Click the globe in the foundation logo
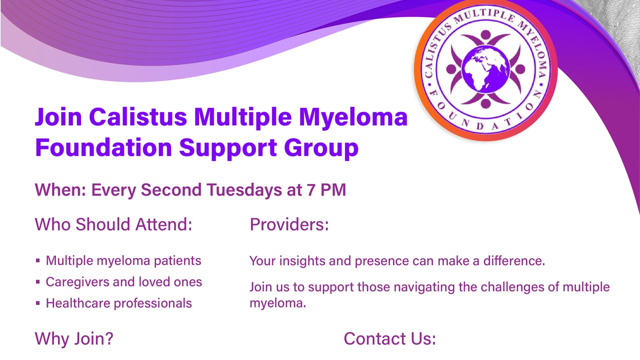click(485, 69)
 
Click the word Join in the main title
click(58, 117)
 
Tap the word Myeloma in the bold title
click(353, 117)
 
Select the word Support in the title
click(227, 148)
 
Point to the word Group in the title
click(321, 148)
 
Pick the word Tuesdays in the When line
click(244, 190)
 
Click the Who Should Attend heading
click(113, 224)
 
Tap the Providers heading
click(289, 224)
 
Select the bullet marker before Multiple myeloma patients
click(37, 260)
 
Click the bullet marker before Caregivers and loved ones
click(37, 282)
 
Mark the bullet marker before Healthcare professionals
click(37, 303)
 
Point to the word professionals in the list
click(153, 303)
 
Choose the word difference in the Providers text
click(514, 261)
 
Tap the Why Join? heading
click(74, 339)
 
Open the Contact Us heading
click(389, 339)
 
